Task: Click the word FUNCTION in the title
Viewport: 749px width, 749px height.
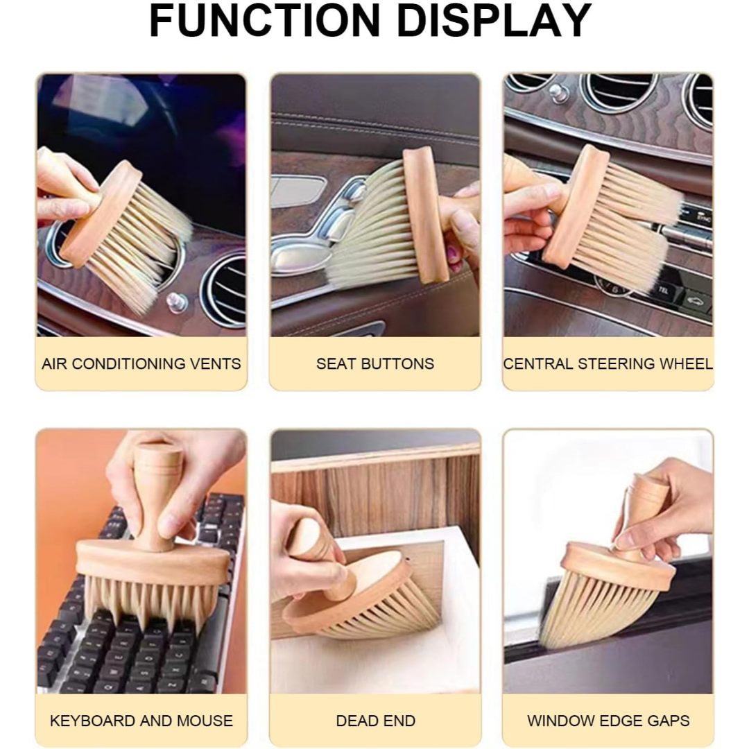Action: point(265,21)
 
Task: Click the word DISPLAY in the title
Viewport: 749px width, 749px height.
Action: point(494,21)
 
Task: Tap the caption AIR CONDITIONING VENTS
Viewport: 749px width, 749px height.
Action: point(141,364)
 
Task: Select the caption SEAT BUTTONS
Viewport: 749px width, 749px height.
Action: point(375,364)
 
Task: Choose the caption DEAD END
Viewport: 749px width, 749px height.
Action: point(375,721)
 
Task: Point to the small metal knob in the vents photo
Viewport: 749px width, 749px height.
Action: point(175,301)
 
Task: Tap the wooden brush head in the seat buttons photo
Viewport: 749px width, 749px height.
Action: point(425,215)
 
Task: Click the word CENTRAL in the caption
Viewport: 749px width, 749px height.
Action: point(538,364)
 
